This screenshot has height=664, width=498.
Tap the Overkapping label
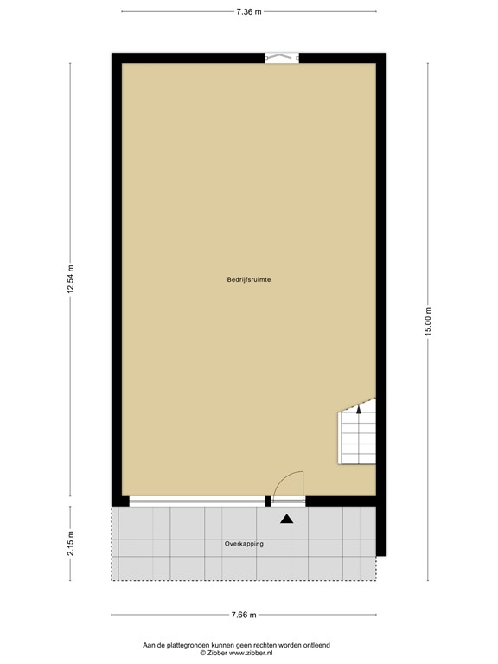244,544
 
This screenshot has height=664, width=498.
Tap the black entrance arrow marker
287,519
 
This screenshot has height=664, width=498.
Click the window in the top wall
282,58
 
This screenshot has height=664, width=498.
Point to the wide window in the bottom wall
197,501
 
